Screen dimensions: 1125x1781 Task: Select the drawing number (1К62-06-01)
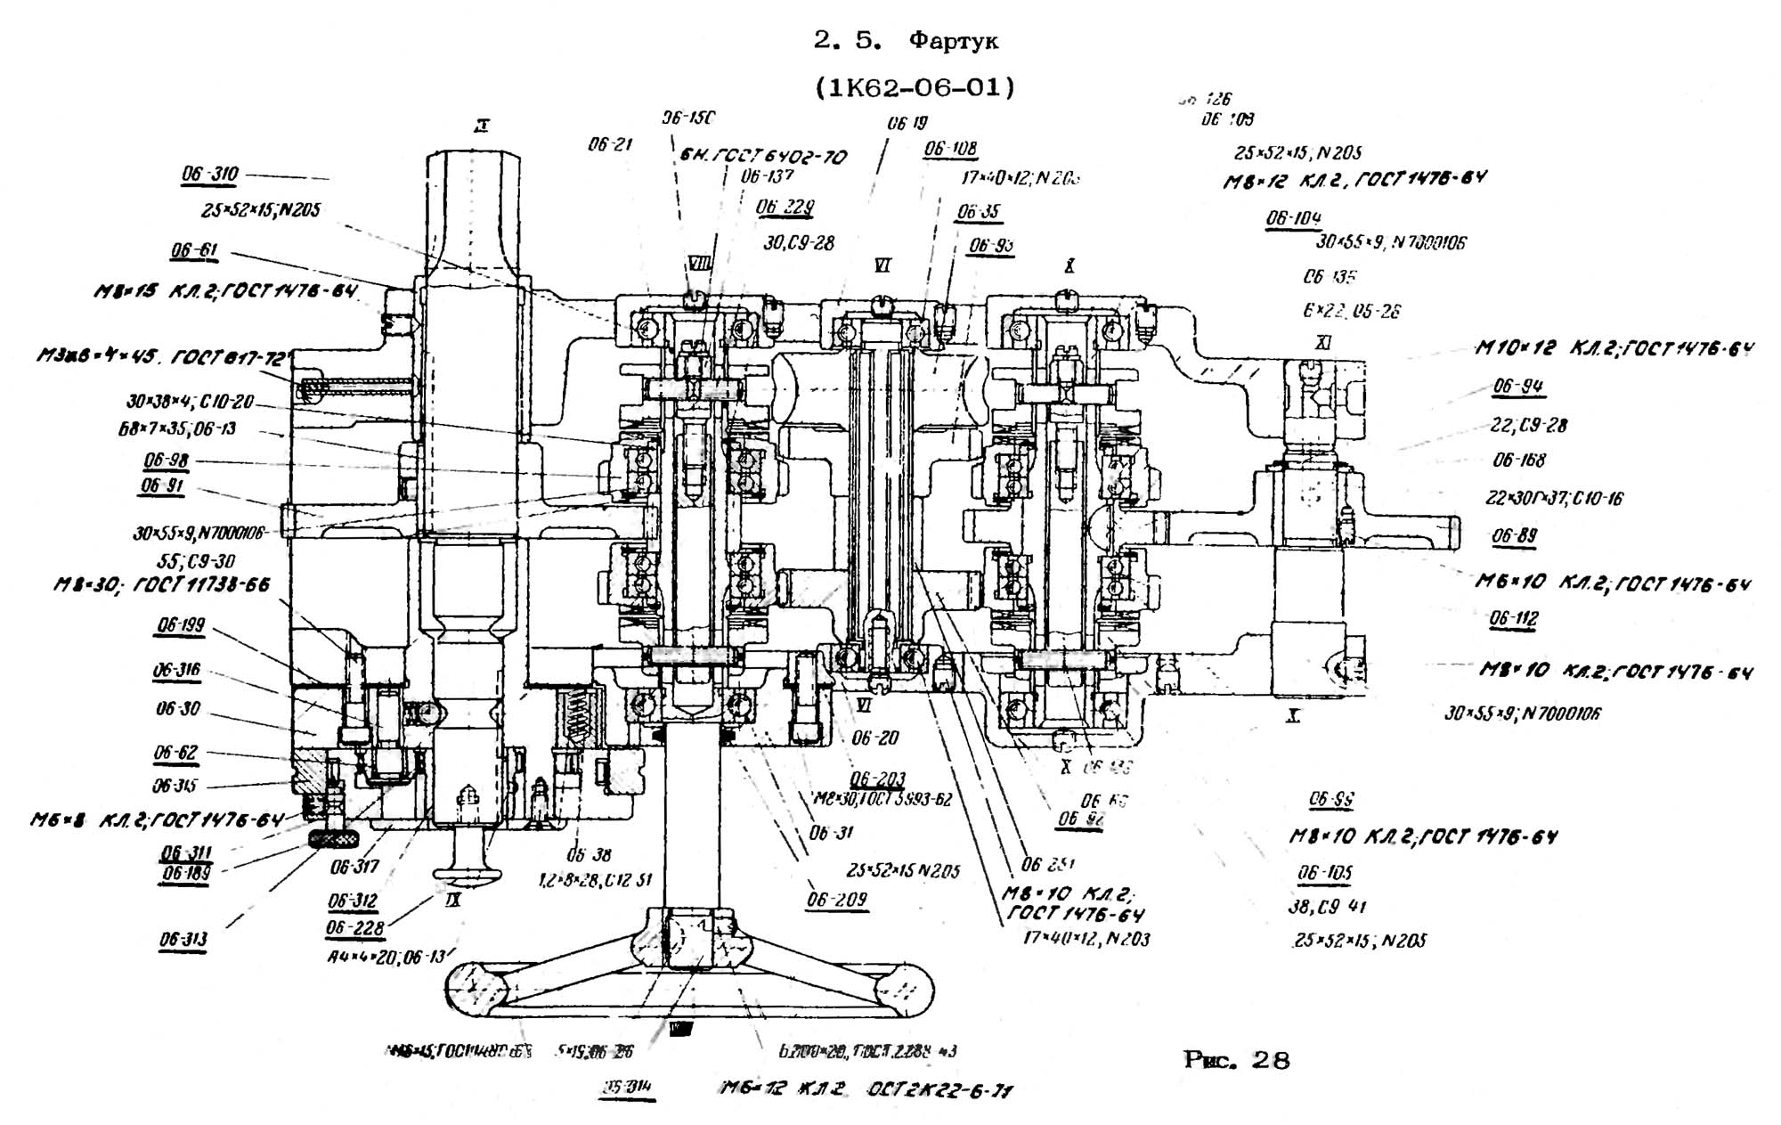pyautogui.click(x=915, y=88)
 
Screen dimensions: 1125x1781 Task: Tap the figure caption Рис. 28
pyautogui.click(x=1236, y=1060)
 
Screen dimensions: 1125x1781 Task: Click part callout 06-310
pyautogui.click(x=210, y=175)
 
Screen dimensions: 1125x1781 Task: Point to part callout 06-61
pyautogui.click(x=194, y=251)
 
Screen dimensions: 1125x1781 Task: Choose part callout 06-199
pyautogui.click(x=181, y=625)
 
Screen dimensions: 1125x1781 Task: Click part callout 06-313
pyautogui.click(x=183, y=940)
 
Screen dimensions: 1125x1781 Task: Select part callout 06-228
pyautogui.click(x=354, y=928)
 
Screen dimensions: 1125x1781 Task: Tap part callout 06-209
pyautogui.click(x=836, y=900)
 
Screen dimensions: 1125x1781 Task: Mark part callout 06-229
pyautogui.click(x=785, y=208)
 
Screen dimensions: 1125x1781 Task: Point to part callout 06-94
pyautogui.click(x=1518, y=387)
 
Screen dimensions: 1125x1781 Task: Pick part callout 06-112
pyautogui.click(x=1514, y=618)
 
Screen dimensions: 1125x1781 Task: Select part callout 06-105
pyautogui.click(x=1324, y=872)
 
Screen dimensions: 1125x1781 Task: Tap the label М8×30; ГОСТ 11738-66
pyautogui.click(x=161, y=585)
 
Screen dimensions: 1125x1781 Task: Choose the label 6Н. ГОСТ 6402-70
pyautogui.click(x=763, y=158)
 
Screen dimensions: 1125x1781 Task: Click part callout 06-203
pyautogui.click(x=878, y=779)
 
